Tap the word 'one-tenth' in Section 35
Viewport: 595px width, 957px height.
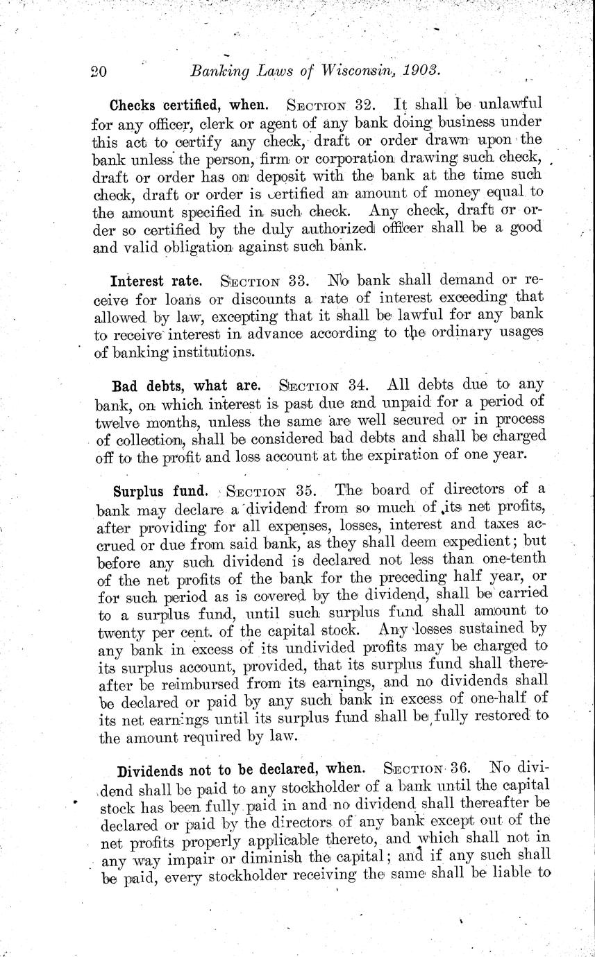[x=512, y=559]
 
